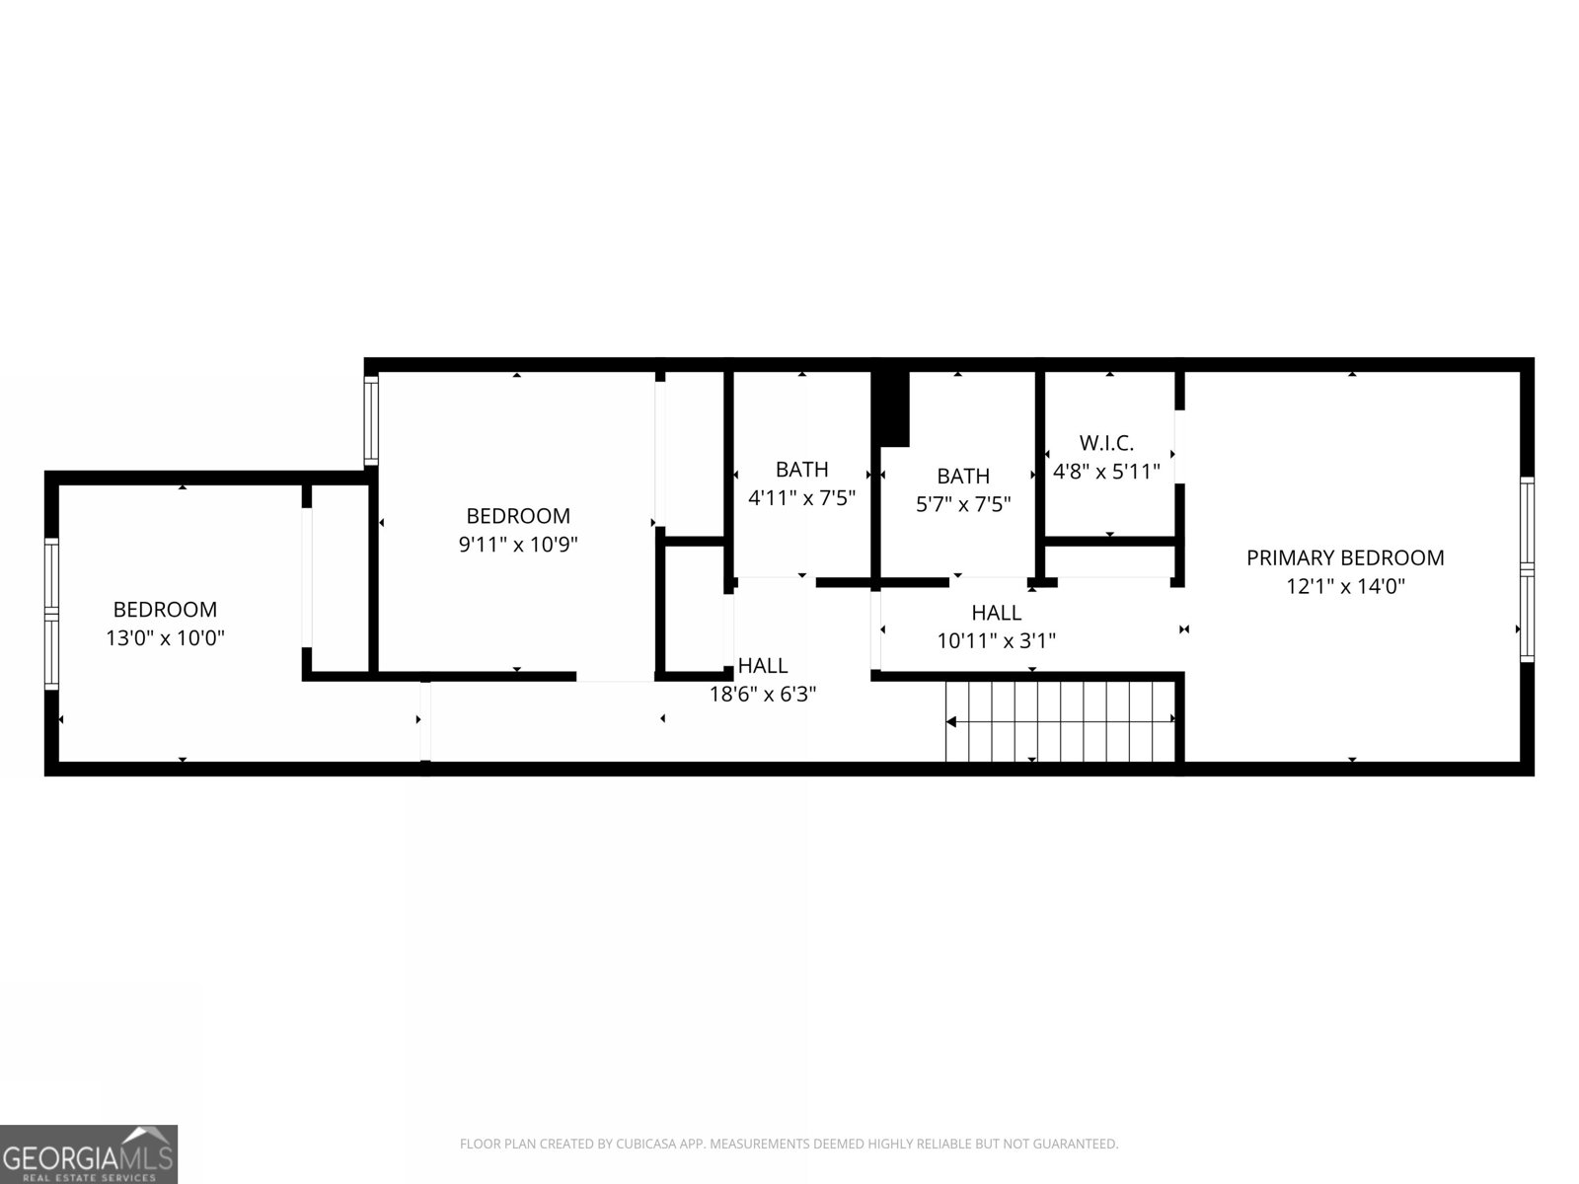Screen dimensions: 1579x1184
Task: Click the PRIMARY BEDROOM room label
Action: [x=1344, y=557]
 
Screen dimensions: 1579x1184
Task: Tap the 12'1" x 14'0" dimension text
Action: [x=1345, y=586]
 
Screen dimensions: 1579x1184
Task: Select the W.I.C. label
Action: [x=1106, y=443]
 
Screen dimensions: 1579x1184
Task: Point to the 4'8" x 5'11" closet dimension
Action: [x=1106, y=472]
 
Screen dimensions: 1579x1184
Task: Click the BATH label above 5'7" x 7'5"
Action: [x=963, y=476]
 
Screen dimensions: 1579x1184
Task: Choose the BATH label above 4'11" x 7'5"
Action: [x=802, y=470]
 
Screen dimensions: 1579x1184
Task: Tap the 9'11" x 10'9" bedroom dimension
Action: [x=518, y=545]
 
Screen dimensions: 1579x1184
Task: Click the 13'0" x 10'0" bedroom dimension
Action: [x=166, y=637]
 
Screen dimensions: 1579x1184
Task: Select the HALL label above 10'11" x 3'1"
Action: [x=997, y=613]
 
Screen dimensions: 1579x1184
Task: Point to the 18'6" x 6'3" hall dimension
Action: [x=763, y=694]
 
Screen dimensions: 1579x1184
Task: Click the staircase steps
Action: [x=1060, y=721]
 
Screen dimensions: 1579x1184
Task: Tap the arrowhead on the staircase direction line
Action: [x=951, y=722]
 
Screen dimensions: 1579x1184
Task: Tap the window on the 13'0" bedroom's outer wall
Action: [x=51, y=613]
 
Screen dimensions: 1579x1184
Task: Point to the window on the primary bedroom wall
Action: [x=1527, y=569]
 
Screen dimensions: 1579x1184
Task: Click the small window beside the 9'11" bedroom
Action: [x=371, y=420]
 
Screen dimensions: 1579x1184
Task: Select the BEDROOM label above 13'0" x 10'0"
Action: [x=166, y=610]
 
